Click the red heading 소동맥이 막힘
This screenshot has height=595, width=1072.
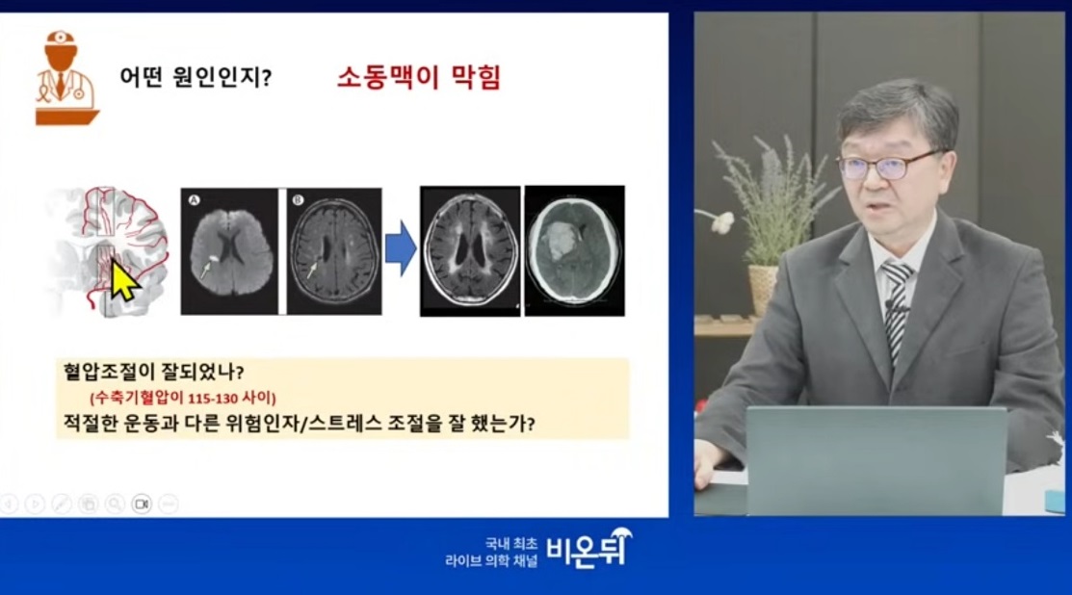click(x=419, y=78)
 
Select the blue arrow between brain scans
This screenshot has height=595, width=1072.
click(x=400, y=248)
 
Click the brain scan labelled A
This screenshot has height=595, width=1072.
click(x=228, y=250)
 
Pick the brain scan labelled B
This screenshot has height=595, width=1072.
click(x=335, y=250)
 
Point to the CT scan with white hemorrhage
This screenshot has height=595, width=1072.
click(x=574, y=250)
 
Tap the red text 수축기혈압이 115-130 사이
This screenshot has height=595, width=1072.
click(x=189, y=397)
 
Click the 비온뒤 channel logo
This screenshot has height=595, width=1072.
click(x=589, y=549)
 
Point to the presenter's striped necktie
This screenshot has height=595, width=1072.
click(x=896, y=308)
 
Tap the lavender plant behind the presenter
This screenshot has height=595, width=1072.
click(x=766, y=193)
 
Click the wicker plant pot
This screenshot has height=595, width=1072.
click(x=763, y=289)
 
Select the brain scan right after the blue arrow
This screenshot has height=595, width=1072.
click(x=470, y=250)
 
